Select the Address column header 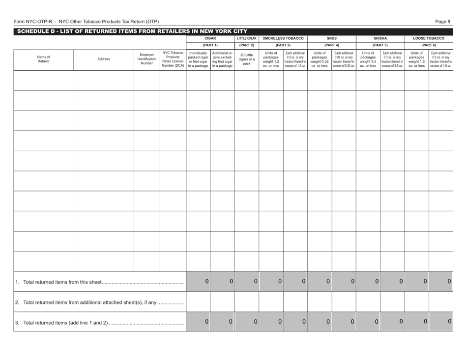click(104, 59)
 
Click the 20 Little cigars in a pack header click(247, 59)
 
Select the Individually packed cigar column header click(198, 59)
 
